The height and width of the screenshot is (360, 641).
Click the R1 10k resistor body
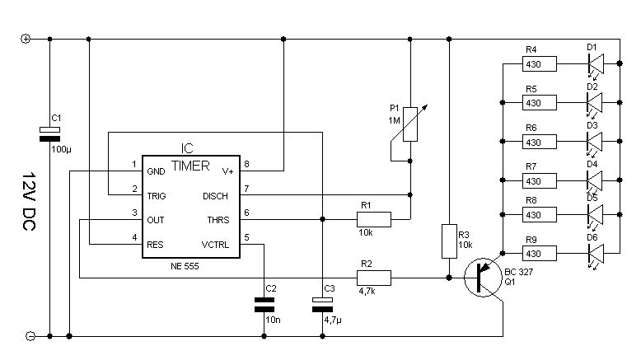[373, 220]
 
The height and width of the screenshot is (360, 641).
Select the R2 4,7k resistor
[373, 278]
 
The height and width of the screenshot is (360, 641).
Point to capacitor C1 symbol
[51, 133]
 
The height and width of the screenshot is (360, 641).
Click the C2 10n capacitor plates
[264, 306]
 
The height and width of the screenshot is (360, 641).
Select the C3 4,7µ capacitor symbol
[321, 306]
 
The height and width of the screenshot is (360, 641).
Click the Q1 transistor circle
[482, 277]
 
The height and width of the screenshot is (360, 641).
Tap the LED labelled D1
[595, 63]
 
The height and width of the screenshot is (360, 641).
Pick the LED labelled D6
[595, 253]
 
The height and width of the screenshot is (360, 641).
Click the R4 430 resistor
[540, 63]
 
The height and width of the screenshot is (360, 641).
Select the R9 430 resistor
[540, 253]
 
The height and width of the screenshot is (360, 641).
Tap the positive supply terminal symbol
[25, 39]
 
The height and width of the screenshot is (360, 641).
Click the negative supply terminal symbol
[25, 336]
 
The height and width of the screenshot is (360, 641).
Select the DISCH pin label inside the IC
[220, 196]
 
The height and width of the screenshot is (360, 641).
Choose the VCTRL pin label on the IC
[217, 244]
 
